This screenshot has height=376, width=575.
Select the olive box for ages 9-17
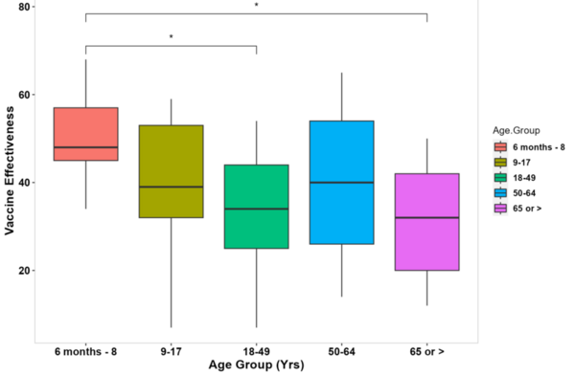coord(171,171)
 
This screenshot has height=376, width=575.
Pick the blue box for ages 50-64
coord(341,183)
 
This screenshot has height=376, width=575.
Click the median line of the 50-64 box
coord(341,183)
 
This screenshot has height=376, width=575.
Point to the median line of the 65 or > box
coord(426,218)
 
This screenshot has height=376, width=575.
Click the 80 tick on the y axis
coord(26,7)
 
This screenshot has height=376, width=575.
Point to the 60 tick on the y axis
coord(26,95)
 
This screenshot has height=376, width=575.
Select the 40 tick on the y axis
coord(26,183)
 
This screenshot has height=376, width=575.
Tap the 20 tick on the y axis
coord(26,271)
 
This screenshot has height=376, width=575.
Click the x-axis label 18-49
coord(256,352)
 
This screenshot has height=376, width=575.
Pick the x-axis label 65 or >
coord(426,352)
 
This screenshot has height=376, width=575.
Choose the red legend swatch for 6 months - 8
coord(500,147)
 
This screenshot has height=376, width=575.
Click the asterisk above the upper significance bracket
coord(256,6)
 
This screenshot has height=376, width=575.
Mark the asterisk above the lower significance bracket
coord(171,38)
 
